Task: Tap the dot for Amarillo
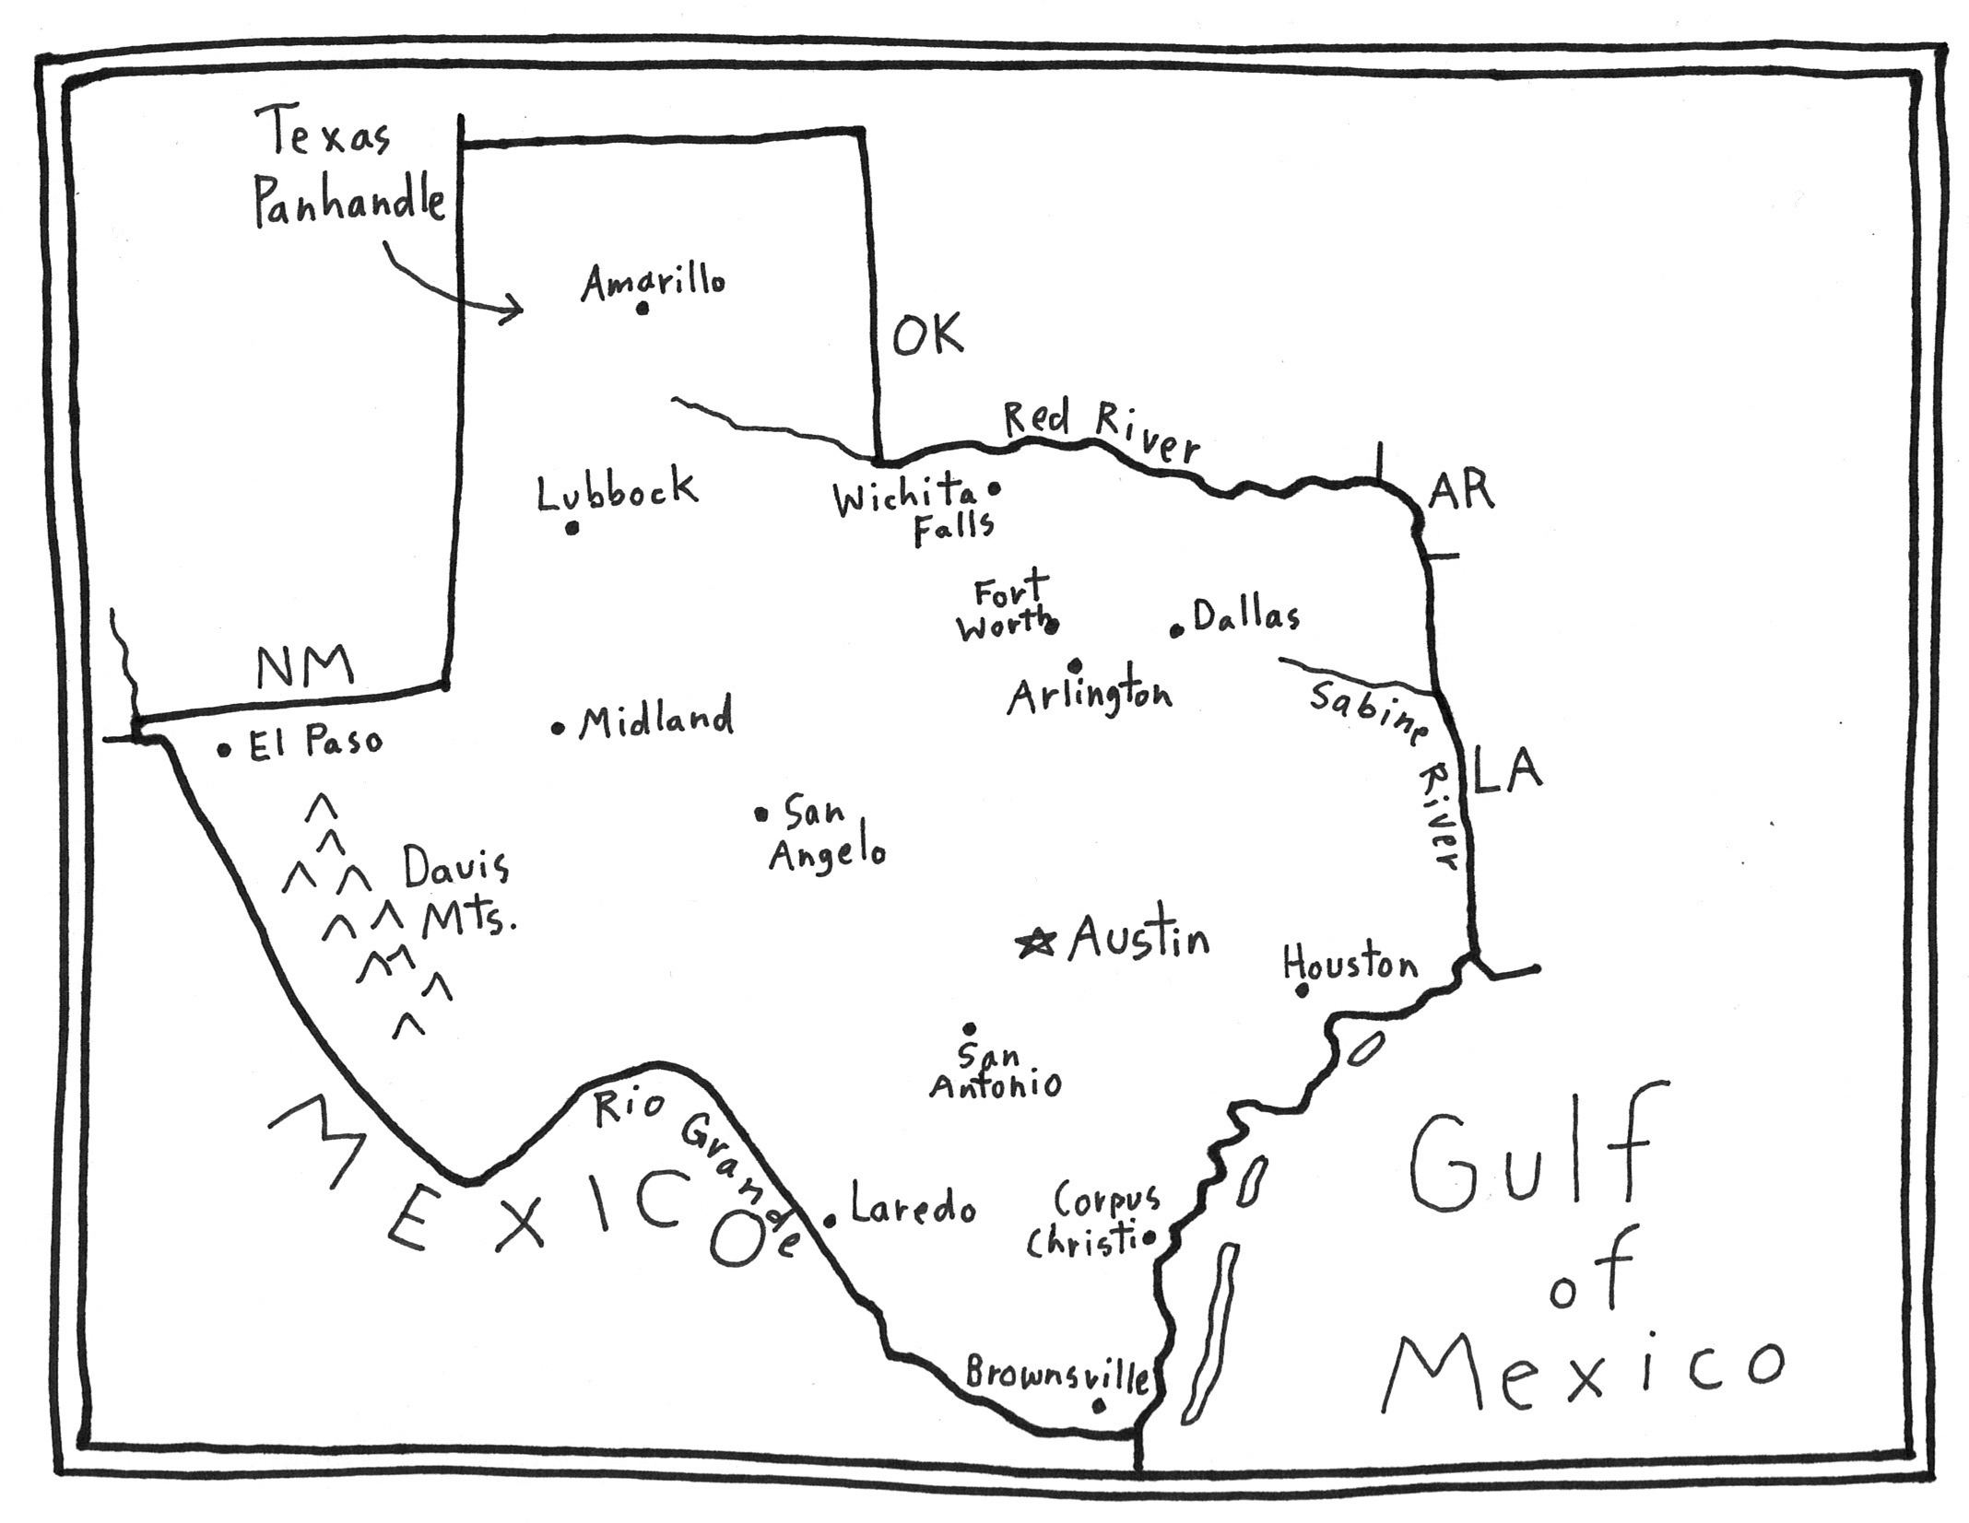tap(643, 309)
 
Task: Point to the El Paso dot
tap(224, 750)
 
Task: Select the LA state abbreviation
tap(1507, 770)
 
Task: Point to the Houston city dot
tap(1303, 990)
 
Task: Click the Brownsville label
tap(1057, 1375)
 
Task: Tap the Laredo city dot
tap(830, 1221)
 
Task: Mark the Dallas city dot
tap(1177, 631)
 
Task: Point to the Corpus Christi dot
tap(1150, 1238)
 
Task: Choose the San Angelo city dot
tap(761, 814)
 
